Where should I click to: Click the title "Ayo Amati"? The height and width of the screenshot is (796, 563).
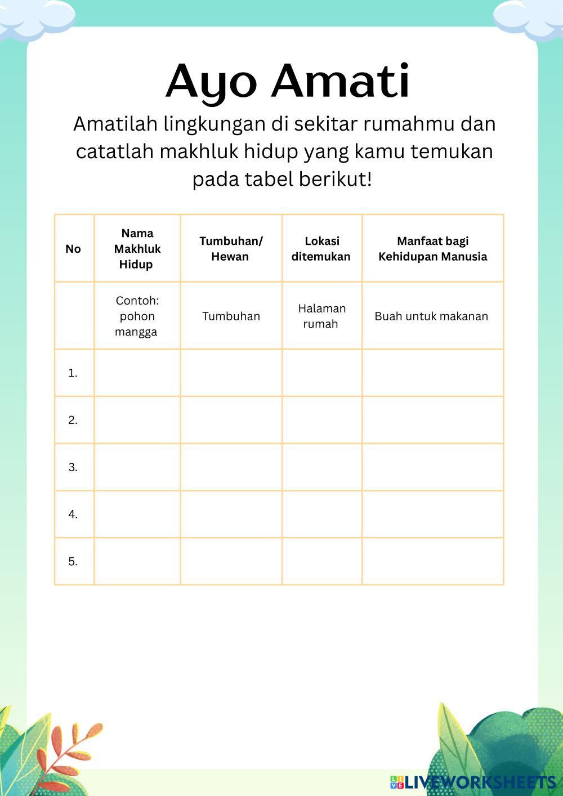tap(288, 81)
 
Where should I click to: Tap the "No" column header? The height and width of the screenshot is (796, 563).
tap(73, 249)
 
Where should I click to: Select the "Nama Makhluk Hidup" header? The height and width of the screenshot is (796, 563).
tap(137, 248)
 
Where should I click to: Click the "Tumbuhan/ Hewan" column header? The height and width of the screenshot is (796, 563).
tap(231, 248)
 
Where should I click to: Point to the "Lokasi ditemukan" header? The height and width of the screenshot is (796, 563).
tap(321, 248)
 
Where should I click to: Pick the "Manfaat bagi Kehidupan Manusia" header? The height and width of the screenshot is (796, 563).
tap(432, 248)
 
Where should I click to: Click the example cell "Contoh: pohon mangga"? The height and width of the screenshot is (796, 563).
tap(137, 316)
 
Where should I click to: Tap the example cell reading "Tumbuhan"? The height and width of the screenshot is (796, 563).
tap(231, 316)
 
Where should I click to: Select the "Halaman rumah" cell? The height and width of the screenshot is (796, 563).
tap(321, 316)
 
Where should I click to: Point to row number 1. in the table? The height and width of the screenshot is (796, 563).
tap(73, 373)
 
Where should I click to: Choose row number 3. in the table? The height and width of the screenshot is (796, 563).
tap(73, 467)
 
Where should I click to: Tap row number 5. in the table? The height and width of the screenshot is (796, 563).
tap(73, 561)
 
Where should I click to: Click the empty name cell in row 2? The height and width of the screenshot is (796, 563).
tap(137, 420)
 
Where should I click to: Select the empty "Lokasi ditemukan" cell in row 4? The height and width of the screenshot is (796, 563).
tap(321, 514)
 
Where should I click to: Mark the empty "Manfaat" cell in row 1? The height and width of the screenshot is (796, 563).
tap(432, 373)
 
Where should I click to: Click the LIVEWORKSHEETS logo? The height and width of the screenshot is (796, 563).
tap(473, 781)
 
